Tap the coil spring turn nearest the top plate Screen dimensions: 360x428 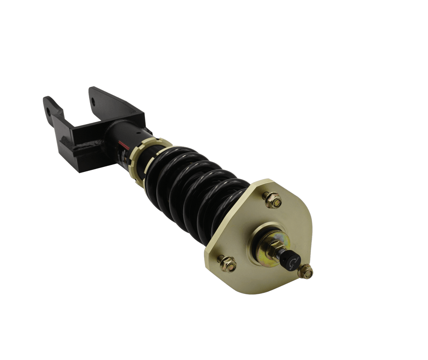[225, 207]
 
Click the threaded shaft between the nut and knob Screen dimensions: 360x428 [280, 253]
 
